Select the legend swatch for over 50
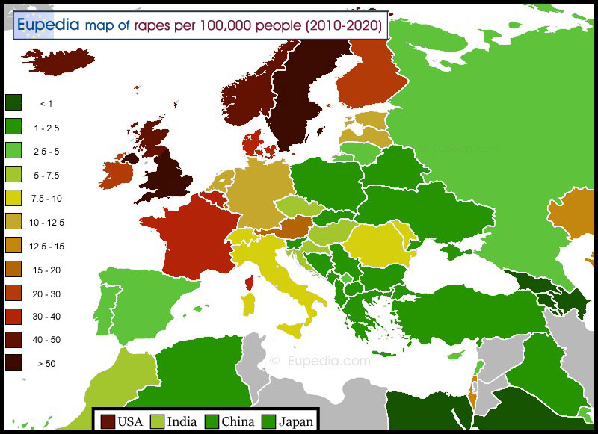coord(14,363)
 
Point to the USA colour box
coord(108,421)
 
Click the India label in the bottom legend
coord(182,421)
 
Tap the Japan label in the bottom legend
coord(296,421)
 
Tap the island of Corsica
coord(249,282)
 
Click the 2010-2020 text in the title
coord(344,26)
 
